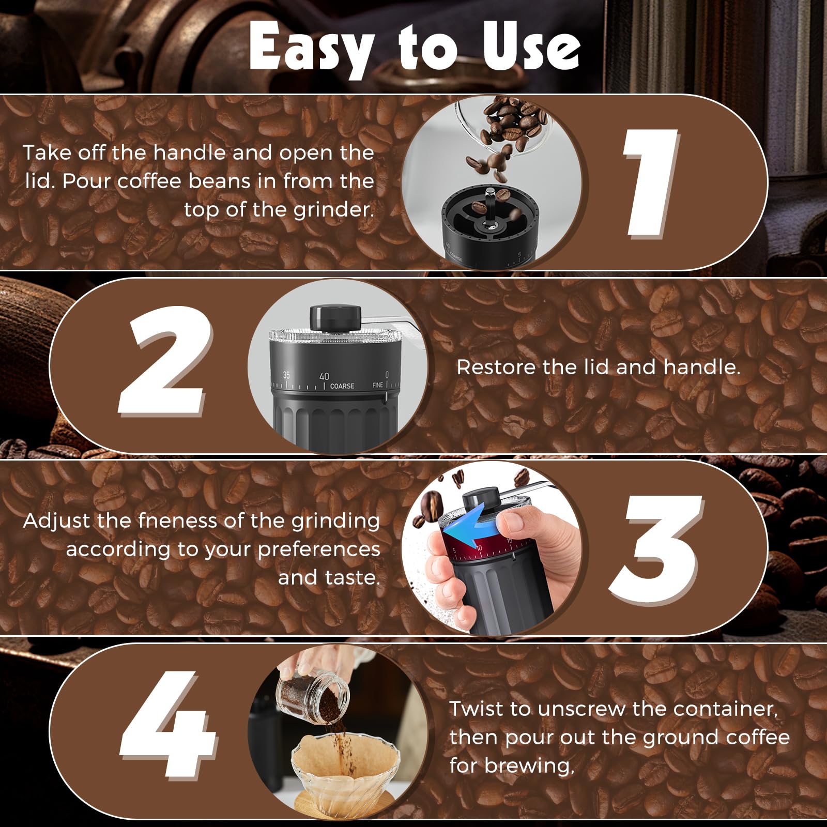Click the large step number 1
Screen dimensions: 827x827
pyautogui.click(x=650, y=183)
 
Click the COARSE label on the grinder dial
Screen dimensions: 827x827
pyautogui.click(x=342, y=386)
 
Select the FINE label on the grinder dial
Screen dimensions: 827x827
pyautogui.click(x=378, y=385)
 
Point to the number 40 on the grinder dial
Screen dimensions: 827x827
pyautogui.click(x=324, y=376)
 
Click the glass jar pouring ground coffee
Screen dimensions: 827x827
pyautogui.click(x=313, y=693)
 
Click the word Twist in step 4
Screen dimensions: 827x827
pyautogui.click(x=476, y=709)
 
